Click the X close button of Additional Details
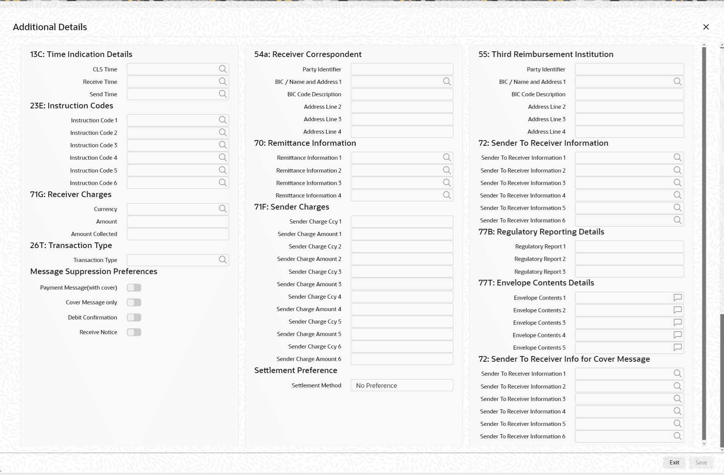[x=706, y=27]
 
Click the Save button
[x=701, y=463]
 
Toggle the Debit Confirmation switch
[x=134, y=318]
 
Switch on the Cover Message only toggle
[x=134, y=302]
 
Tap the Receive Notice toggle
[x=134, y=332]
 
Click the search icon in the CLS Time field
[x=223, y=69]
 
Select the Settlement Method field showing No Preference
[x=402, y=386]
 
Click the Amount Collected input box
[x=178, y=234]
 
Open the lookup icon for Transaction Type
[x=223, y=260]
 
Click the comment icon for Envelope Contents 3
[x=678, y=323]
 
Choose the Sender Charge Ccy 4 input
[x=402, y=297]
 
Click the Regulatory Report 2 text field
[x=629, y=259]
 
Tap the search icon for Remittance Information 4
[x=447, y=195]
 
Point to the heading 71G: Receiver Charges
[x=71, y=194]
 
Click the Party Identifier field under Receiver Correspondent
[x=402, y=69]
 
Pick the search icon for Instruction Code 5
[x=223, y=170]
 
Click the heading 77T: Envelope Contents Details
[x=536, y=283]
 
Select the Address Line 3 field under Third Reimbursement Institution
[x=629, y=119]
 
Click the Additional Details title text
[x=50, y=27]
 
